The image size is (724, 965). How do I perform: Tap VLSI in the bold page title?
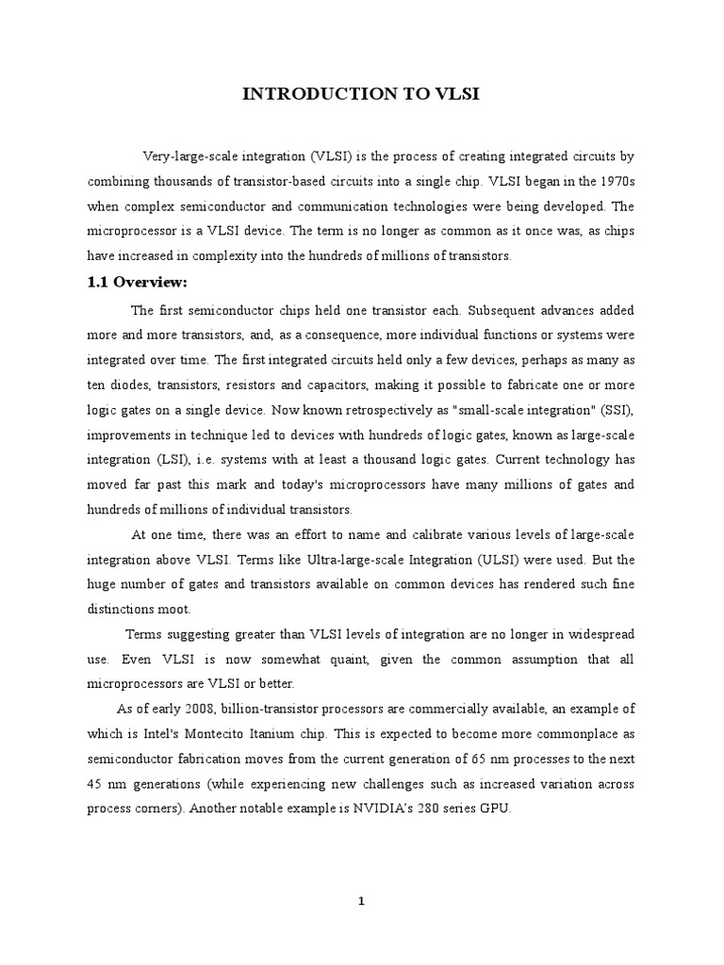454,93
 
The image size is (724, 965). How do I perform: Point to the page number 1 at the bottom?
361,901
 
